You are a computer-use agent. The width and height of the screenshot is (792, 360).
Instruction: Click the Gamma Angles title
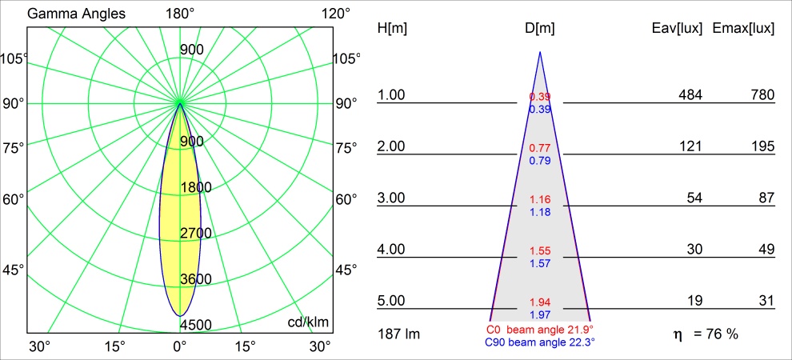[66, 14]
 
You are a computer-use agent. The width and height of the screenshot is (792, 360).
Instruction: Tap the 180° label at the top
[180, 14]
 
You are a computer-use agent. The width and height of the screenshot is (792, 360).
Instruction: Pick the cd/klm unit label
[309, 322]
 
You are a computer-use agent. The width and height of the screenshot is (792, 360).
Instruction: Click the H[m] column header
[392, 29]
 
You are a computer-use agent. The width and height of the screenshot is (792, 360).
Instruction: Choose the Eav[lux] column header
[677, 29]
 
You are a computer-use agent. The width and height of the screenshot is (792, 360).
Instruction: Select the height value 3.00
[392, 198]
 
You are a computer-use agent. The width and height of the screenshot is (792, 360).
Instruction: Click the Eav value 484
[690, 95]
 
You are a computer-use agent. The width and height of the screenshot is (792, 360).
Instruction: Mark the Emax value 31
[766, 301]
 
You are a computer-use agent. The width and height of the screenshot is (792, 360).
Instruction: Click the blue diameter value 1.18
[540, 212]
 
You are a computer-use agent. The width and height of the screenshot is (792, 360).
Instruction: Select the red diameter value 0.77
[540, 149]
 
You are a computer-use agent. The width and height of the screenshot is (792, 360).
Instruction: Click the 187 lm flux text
[398, 334]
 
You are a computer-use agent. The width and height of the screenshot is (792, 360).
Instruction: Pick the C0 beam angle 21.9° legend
[540, 330]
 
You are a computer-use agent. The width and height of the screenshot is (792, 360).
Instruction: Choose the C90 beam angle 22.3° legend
[540, 342]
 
